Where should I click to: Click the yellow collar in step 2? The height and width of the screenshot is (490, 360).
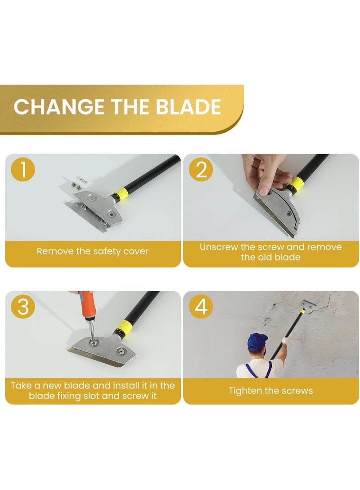pyautogui.click(x=297, y=183)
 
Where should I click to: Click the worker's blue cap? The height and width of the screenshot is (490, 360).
pyautogui.click(x=257, y=341)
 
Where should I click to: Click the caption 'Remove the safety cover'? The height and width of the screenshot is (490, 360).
pyautogui.click(x=93, y=251)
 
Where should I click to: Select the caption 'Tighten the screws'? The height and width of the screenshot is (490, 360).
pyautogui.click(x=270, y=391)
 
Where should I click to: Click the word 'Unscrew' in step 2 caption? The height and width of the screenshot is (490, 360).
pyautogui.click(x=219, y=247)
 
